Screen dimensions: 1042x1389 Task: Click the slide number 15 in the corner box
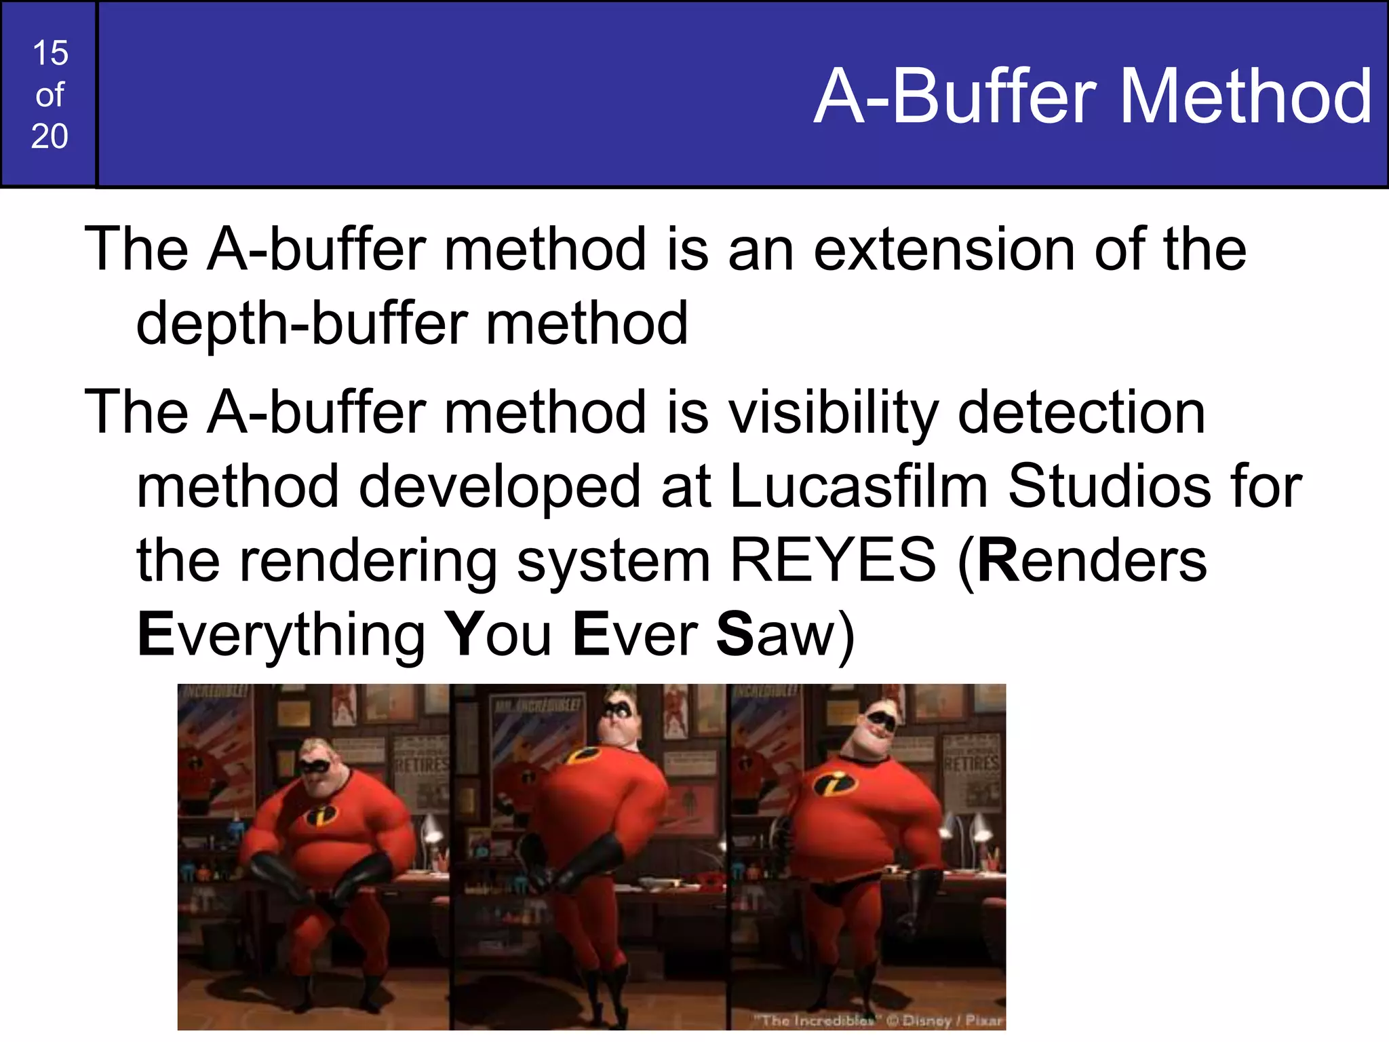coord(50,53)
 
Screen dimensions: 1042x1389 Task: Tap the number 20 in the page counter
coord(50,136)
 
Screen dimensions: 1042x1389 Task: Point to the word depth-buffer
coord(302,325)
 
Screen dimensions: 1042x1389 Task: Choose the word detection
coord(1081,413)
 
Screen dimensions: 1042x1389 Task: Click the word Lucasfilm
coord(859,486)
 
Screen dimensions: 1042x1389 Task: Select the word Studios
coord(1110,486)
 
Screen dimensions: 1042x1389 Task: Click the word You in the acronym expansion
coord(501,634)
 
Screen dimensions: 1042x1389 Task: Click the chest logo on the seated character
coord(321,814)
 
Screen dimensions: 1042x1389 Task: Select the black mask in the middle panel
coord(619,709)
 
